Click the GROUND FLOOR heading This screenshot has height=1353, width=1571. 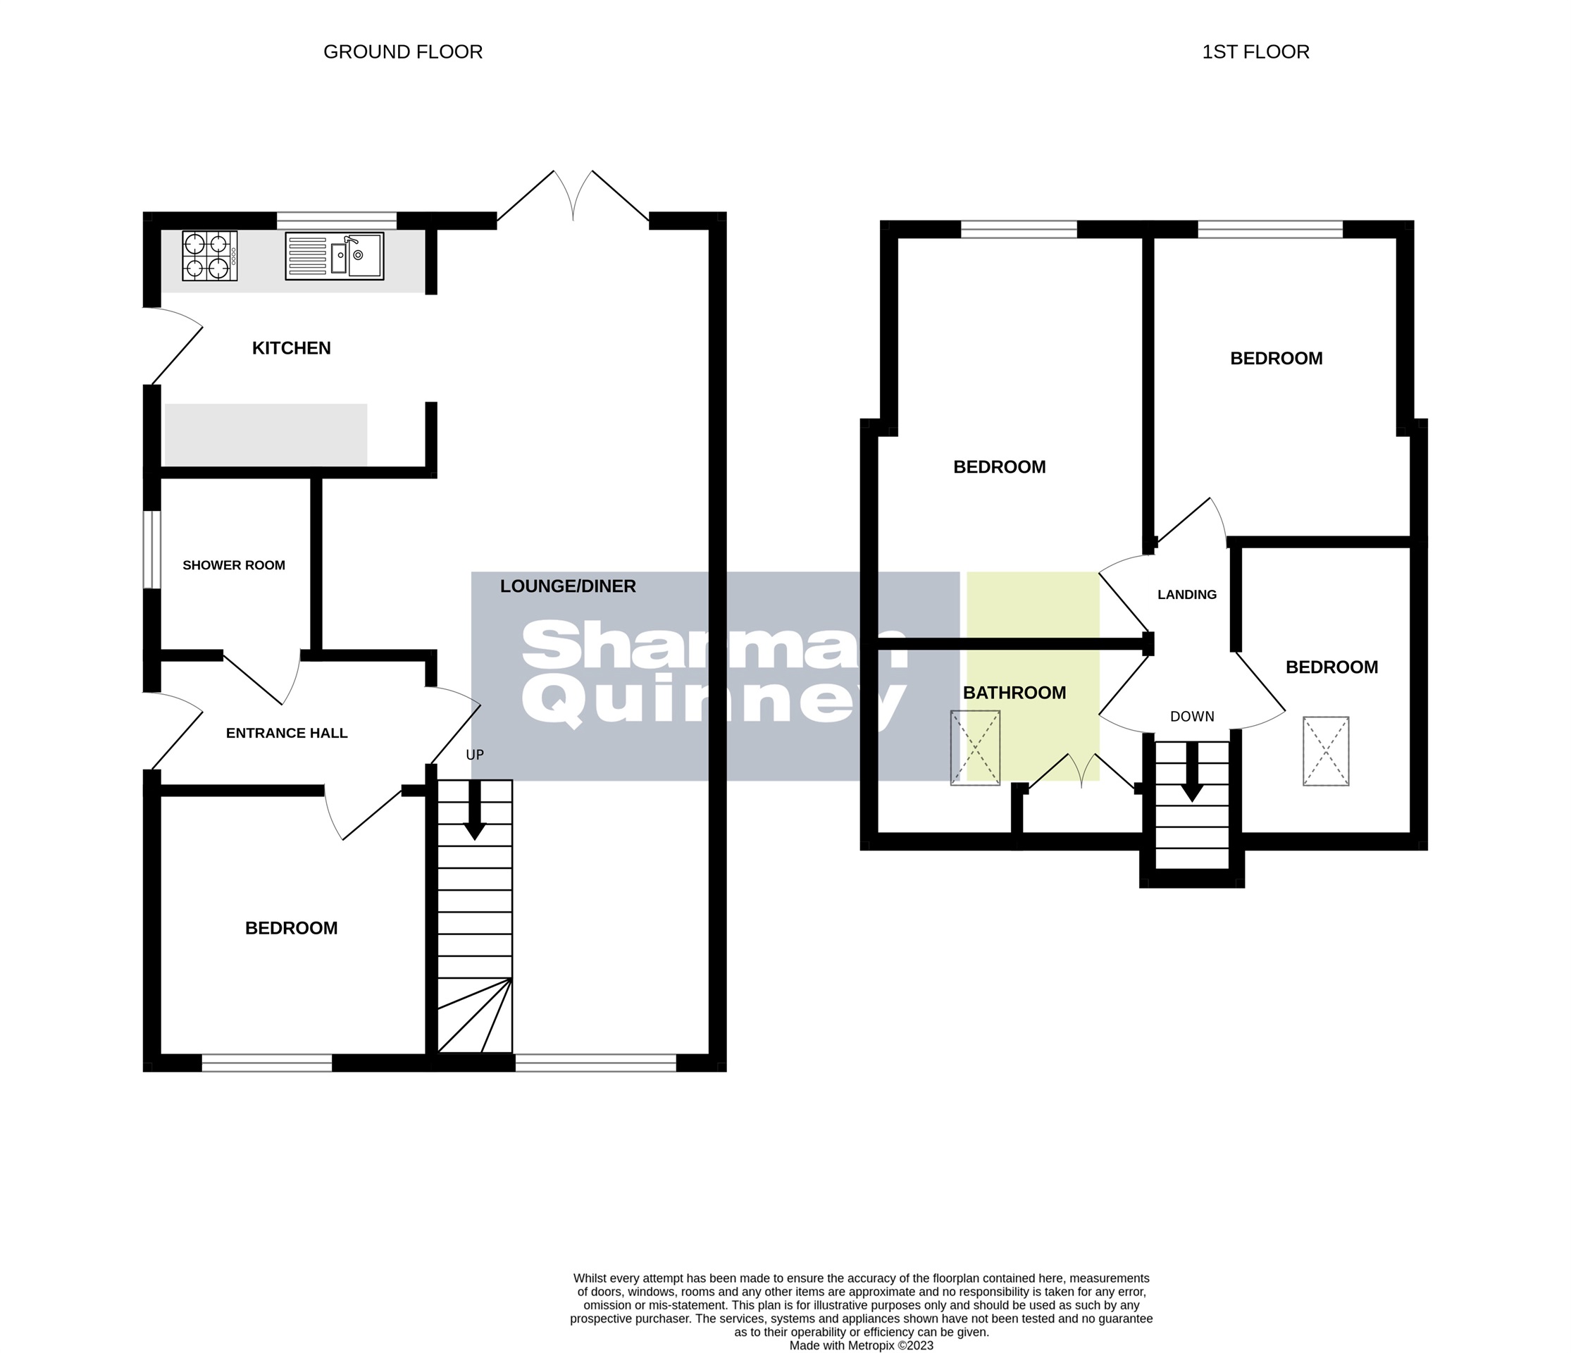(x=402, y=51)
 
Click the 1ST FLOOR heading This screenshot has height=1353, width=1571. (x=1255, y=51)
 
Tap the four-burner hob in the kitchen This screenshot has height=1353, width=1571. (x=209, y=256)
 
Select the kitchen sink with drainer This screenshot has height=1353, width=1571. (x=335, y=256)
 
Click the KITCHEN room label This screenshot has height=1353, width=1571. (x=291, y=348)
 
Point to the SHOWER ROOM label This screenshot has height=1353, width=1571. (x=233, y=565)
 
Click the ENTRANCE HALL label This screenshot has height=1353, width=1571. (x=287, y=733)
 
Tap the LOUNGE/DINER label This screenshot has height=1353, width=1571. (x=567, y=586)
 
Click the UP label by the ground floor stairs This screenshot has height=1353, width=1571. (x=475, y=755)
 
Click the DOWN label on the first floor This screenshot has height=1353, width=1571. (x=1192, y=717)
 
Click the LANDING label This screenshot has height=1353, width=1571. (x=1186, y=595)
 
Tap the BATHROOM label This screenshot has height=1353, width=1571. (x=1014, y=693)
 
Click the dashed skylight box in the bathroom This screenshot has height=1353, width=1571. (x=975, y=748)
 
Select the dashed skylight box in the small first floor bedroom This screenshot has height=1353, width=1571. (x=1325, y=750)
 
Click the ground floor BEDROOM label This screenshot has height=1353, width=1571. (x=291, y=928)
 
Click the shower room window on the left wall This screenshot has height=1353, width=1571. (x=152, y=549)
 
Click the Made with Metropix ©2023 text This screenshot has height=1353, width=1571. (x=861, y=1345)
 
